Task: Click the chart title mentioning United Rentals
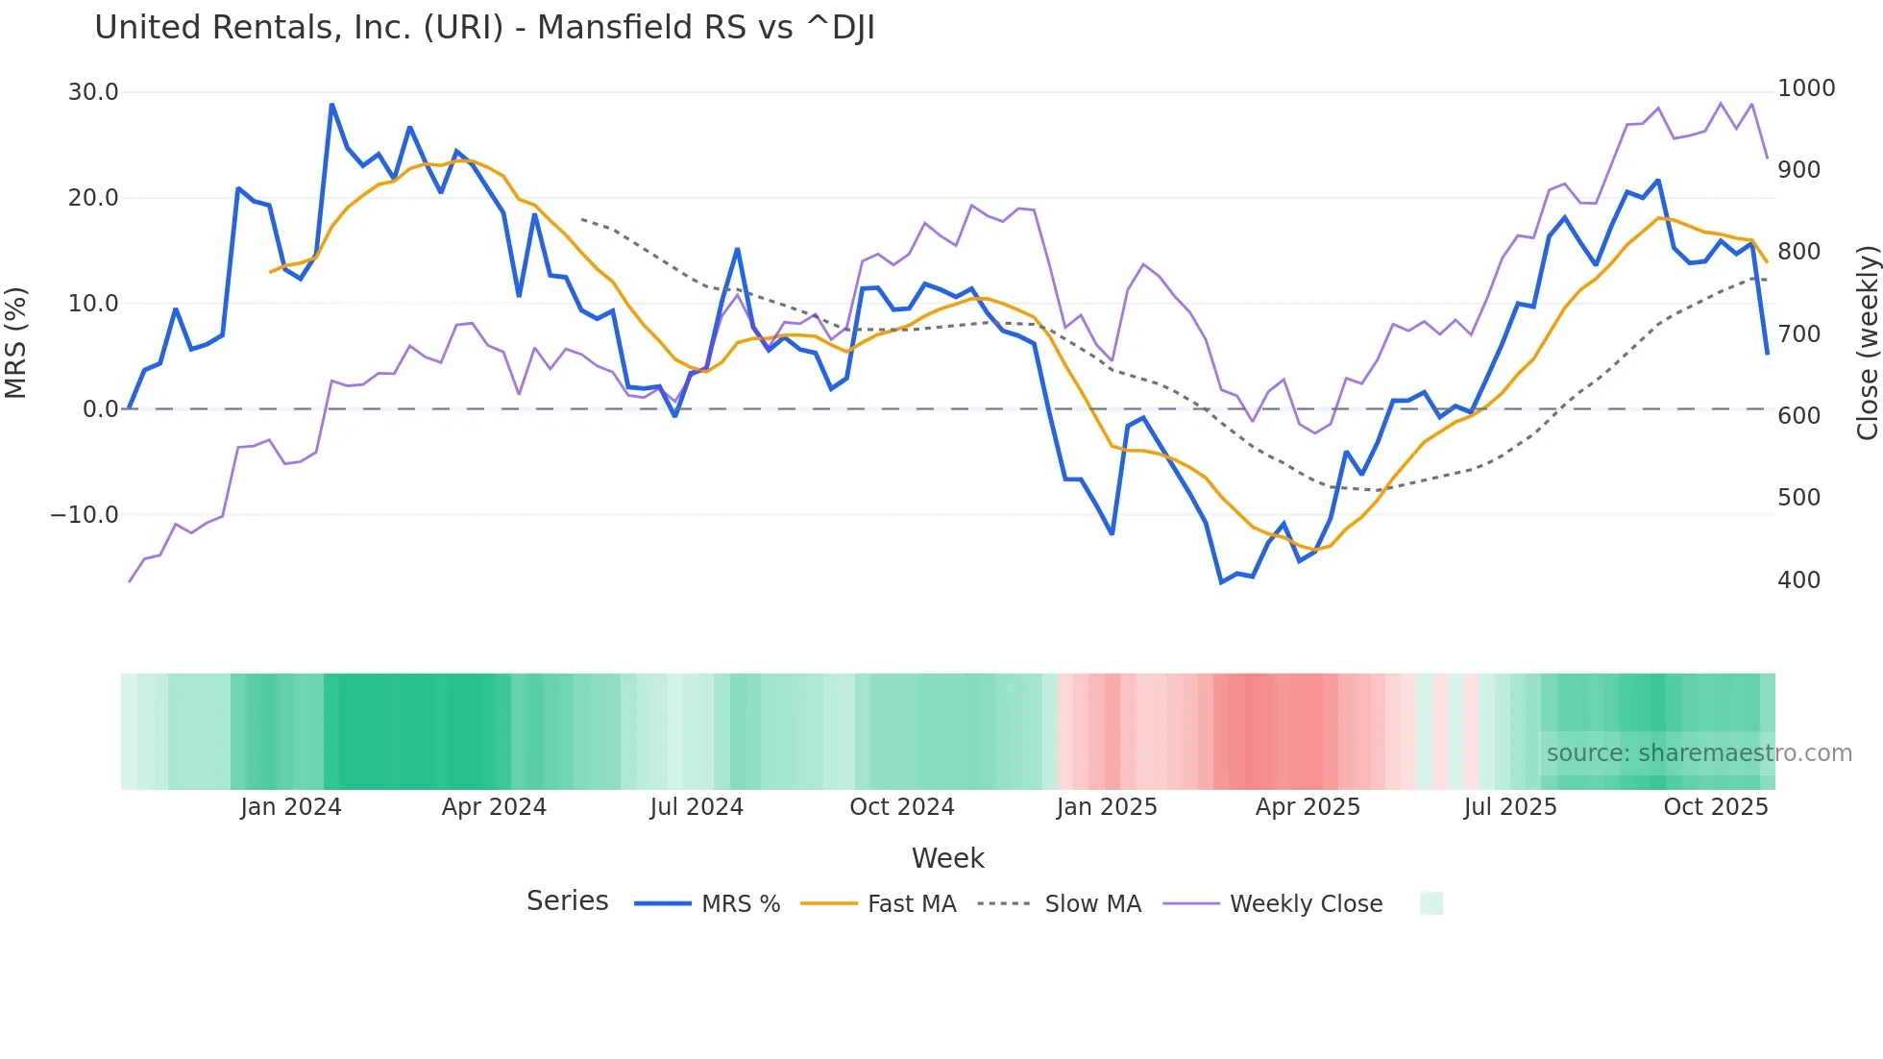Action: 484,28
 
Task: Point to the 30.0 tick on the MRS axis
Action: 93,92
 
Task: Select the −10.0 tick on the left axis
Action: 85,515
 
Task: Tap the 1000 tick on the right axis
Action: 1806,88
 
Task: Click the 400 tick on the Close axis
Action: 1798,580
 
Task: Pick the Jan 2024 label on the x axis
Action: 290,807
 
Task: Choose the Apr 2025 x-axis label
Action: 1308,807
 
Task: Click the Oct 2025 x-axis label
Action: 1715,807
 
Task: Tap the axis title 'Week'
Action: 947,858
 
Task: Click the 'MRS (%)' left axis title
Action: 16,343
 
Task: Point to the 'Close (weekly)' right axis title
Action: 1867,343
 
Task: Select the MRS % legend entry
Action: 707,904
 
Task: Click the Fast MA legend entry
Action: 878,904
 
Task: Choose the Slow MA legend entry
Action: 1060,904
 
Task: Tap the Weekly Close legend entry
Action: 1273,904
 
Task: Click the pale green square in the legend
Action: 1431,904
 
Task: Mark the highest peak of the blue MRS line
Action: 331,105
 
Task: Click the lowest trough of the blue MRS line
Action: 1221,582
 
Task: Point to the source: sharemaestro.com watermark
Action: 1699,753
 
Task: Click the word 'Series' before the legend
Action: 567,901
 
